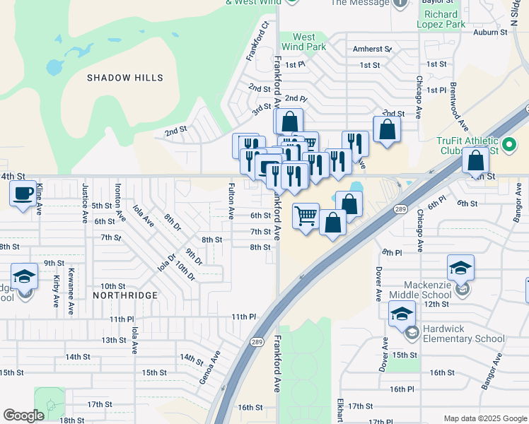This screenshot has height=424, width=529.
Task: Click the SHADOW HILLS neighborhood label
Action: click(125, 78)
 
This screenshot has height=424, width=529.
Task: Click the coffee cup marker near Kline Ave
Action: click(24, 193)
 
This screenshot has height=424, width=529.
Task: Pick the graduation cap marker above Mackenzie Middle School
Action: click(460, 268)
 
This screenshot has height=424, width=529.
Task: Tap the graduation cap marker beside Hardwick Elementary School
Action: click(402, 313)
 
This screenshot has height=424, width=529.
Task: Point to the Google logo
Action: click(24, 416)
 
